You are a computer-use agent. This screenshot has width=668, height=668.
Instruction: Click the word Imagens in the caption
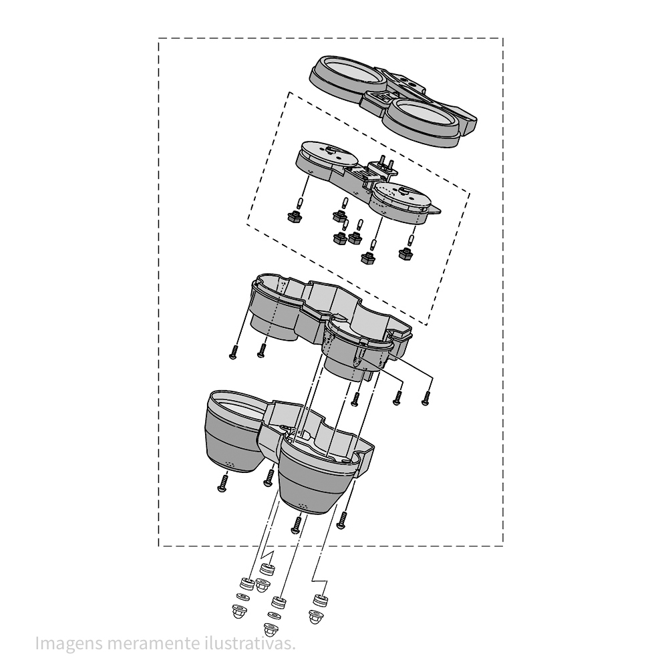[69, 644]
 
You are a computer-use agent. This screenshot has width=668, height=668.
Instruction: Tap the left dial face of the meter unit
[329, 155]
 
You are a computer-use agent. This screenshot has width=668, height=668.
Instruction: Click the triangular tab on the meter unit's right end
[436, 210]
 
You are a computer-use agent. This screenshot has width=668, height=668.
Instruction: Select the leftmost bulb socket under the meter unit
[294, 216]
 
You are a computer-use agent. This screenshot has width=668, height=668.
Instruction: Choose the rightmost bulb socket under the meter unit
[405, 255]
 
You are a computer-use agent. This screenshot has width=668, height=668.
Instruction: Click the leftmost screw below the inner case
[232, 352]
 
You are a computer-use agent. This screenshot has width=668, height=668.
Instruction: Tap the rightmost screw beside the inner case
[425, 398]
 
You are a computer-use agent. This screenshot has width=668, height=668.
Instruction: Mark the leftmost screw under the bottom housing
[222, 484]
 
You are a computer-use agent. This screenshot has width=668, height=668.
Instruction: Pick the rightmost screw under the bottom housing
[341, 520]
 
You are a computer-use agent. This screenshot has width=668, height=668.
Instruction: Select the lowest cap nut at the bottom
[269, 629]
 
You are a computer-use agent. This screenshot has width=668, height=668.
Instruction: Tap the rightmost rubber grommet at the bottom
[321, 601]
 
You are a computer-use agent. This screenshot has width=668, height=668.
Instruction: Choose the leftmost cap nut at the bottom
[239, 611]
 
